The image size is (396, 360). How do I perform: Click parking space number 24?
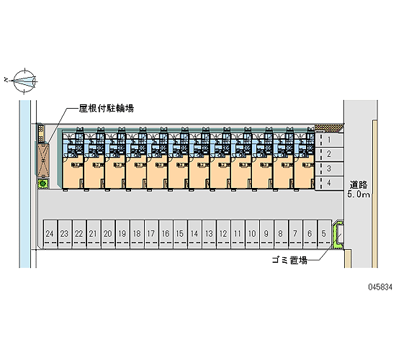point(50,234)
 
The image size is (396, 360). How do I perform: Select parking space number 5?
point(324,234)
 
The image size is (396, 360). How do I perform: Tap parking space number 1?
point(329,140)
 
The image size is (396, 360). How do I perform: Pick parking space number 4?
point(329,183)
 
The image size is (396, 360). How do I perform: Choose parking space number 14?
point(194,234)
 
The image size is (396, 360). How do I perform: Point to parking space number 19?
point(122,234)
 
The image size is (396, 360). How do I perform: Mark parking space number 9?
point(266,234)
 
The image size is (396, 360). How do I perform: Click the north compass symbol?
point(24,81)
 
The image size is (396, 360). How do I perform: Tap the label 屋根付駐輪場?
point(107,109)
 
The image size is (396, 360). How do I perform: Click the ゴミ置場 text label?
point(289,260)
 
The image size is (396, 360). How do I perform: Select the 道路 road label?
point(359,185)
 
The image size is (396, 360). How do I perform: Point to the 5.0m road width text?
point(359,194)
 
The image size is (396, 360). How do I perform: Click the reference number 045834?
point(380,287)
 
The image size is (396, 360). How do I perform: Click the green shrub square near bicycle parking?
point(43,183)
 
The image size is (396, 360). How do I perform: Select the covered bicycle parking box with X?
point(43,160)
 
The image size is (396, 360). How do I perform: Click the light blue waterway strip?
point(24,184)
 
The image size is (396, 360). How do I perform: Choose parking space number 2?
point(329,154)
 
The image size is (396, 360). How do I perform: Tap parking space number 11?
point(238,234)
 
